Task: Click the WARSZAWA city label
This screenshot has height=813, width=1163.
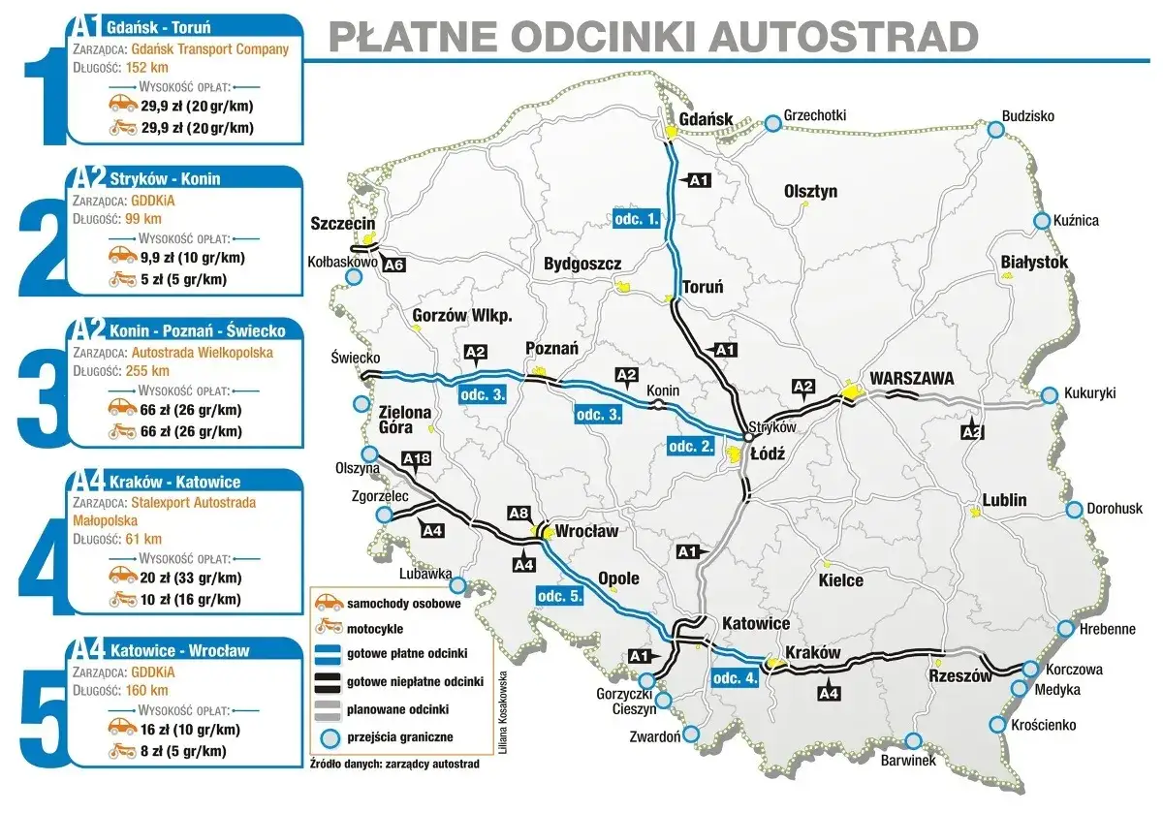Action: pyautogui.click(x=911, y=378)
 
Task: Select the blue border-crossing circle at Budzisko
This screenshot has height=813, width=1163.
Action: pyautogui.click(x=994, y=130)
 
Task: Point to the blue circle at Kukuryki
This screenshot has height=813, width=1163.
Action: pyautogui.click(x=1049, y=395)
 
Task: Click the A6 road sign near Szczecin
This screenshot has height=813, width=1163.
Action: pyautogui.click(x=393, y=265)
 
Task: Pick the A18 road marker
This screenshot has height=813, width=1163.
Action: pyautogui.click(x=416, y=459)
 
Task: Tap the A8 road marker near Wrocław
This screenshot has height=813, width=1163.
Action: pyautogui.click(x=519, y=514)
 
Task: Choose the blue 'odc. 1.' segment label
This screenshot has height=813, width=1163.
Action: pyautogui.click(x=637, y=220)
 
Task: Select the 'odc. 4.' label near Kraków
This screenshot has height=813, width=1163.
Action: pyautogui.click(x=734, y=677)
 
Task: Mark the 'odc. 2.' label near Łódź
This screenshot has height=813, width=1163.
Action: pyautogui.click(x=692, y=446)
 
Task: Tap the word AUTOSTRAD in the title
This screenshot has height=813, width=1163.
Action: pyautogui.click(x=843, y=36)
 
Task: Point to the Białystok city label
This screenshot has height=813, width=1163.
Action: pyautogui.click(x=1033, y=263)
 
